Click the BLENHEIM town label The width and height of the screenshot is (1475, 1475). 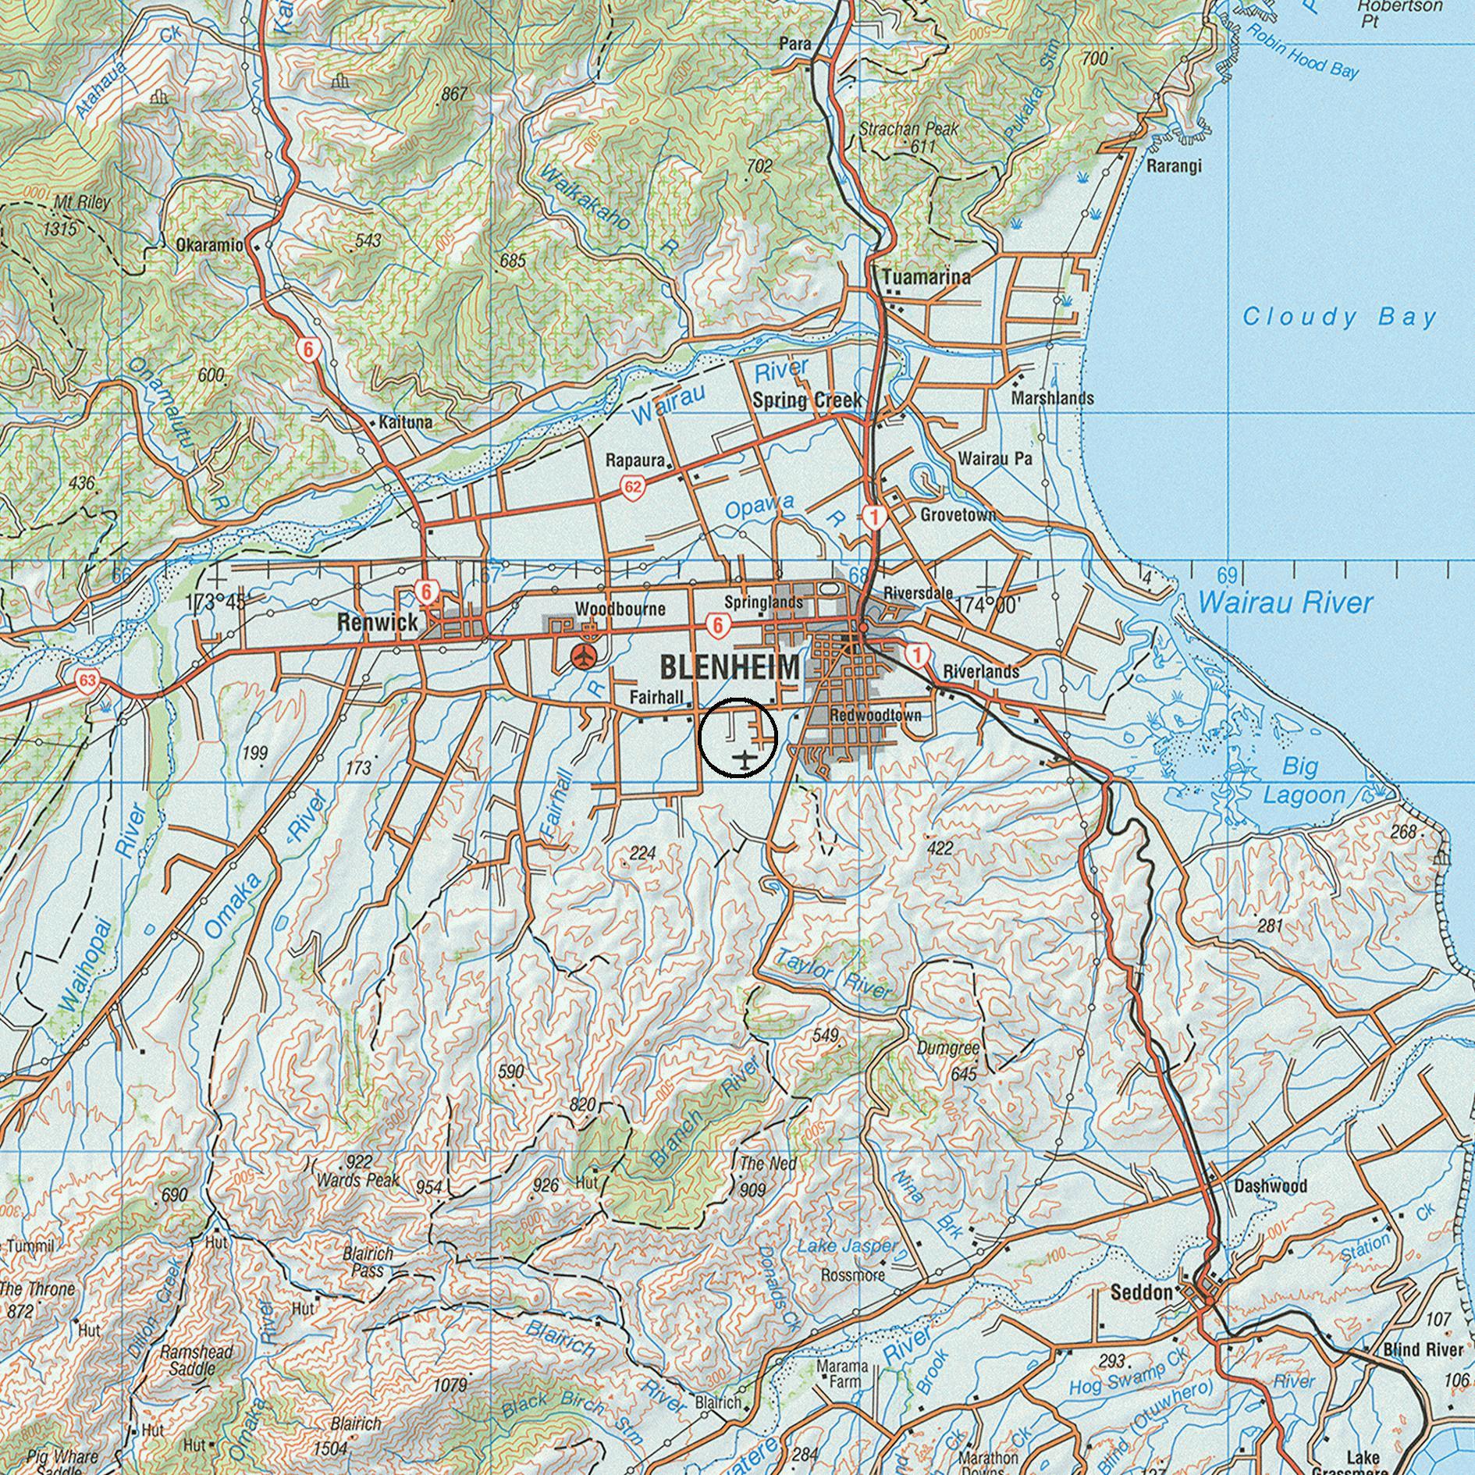point(730,668)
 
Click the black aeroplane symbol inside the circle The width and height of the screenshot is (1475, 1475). point(746,758)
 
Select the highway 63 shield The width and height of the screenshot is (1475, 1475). point(87,682)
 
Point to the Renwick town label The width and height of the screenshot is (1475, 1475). point(378,623)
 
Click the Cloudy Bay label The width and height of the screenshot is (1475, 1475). point(1339,317)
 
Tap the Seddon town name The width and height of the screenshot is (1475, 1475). point(1141,1293)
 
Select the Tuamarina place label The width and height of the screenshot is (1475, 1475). point(926,277)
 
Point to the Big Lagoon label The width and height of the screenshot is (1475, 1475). point(1303,781)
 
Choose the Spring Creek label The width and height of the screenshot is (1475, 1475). point(807,400)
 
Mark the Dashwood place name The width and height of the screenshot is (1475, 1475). point(1271,1186)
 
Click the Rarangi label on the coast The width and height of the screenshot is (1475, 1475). point(1174,165)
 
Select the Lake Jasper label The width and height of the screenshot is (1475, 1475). point(848,1247)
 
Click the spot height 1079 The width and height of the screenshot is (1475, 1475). point(450,1386)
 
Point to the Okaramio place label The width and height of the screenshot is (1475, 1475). point(209,244)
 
